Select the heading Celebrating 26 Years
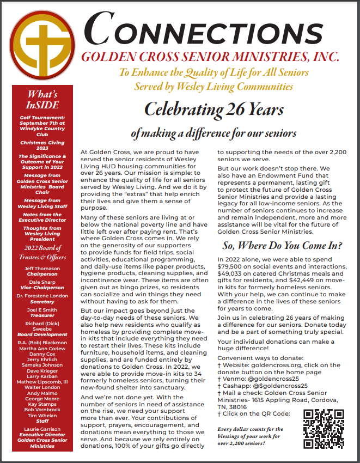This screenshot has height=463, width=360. pos(213,110)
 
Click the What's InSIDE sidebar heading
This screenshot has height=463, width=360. pos(42,99)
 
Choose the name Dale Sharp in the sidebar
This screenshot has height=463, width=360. pos(42,282)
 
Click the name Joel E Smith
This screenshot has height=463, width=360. pos(42,309)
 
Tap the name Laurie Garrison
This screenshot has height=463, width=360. pos(42,429)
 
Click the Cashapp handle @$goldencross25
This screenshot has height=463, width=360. pos(273,393)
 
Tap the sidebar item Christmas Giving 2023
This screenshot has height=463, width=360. pos(42,144)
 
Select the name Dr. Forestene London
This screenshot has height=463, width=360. pos(42,296)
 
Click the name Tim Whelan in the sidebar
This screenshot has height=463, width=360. pos(42,415)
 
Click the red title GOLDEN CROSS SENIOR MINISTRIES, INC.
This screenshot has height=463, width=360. pos(210,56)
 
